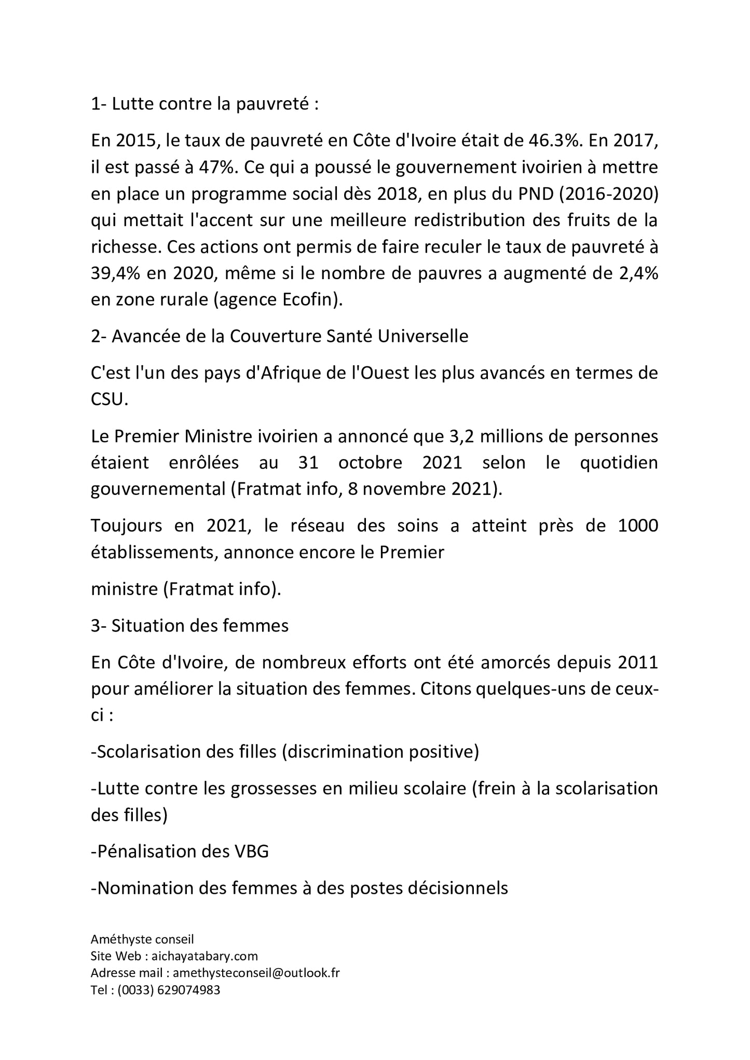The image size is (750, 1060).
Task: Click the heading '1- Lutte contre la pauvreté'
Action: pyautogui.click(x=204, y=104)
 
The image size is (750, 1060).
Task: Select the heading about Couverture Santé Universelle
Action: pyautogui.click(x=279, y=336)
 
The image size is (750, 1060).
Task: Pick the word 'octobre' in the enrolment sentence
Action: pyautogui.click(x=370, y=462)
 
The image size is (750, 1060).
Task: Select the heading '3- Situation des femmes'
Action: pyautogui.click(x=189, y=626)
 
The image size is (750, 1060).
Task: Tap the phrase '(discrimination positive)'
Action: pyautogui.click(x=380, y=752)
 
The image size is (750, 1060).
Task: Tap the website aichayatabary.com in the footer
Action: pyautogui.click(x=204, y=956)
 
